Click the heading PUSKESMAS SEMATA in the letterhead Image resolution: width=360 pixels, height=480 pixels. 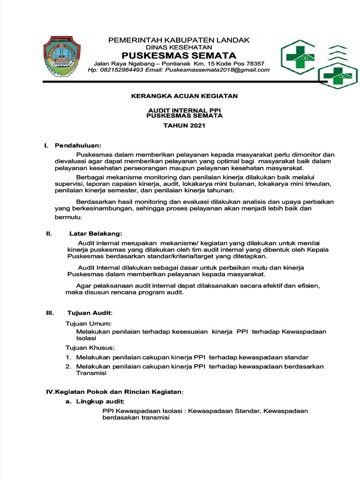[179, 56]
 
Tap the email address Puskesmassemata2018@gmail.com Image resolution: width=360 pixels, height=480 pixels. [217, 70]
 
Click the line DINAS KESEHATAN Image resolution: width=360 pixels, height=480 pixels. [179, 47]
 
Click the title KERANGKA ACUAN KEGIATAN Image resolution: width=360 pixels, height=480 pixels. [184, 96]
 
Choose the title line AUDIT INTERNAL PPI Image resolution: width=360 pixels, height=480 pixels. [184, 110]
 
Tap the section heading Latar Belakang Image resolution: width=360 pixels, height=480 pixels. [96, 233]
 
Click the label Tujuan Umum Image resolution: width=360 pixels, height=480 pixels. [88, 323]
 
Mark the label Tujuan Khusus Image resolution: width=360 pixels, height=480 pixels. [90, 347]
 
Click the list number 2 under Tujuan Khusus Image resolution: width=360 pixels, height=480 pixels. [68, 366]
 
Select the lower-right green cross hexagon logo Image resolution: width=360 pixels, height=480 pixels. [337, 76]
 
